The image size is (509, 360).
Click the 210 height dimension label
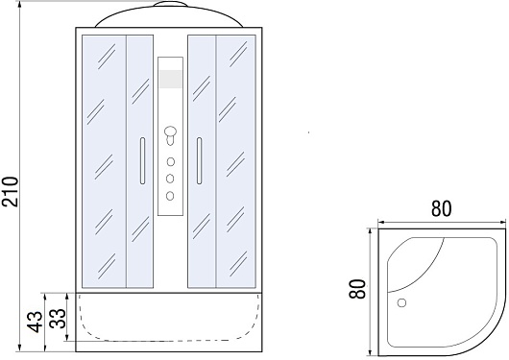coord(10,192)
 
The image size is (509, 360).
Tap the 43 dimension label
coord(36,322)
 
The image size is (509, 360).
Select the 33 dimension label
coord(59,319)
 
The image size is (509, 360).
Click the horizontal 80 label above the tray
coord(441,208)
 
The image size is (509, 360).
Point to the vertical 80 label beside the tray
coord(357,289)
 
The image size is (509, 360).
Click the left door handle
coord(142,160)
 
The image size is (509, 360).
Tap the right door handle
coord(199,160)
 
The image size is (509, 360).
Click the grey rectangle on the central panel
coord(170,79)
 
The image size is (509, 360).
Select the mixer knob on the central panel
coord(170,135)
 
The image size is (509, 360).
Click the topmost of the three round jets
coord(170,161)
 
